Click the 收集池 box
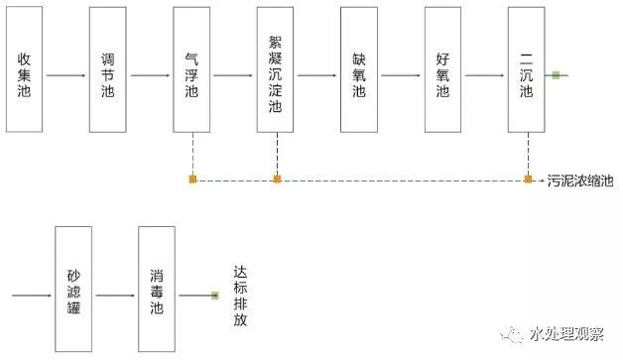pos(25,69)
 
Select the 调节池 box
pos(108,69)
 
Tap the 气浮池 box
pos(191,69)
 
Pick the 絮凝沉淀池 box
pos(276,69)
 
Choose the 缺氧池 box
pos(359,69)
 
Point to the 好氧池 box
pos(442,69)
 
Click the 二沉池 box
pos(526,69)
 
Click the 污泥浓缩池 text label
pos(580,180)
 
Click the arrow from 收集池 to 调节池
pos(66,75)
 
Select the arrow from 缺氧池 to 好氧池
pos(401,75)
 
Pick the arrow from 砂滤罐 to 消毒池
pos(115,295)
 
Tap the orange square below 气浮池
pos(192,180)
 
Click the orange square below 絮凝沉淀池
pos(277,180)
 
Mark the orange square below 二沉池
pos(528,180)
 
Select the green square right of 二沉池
pos(557,75)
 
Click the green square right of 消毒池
pos(214,295)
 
